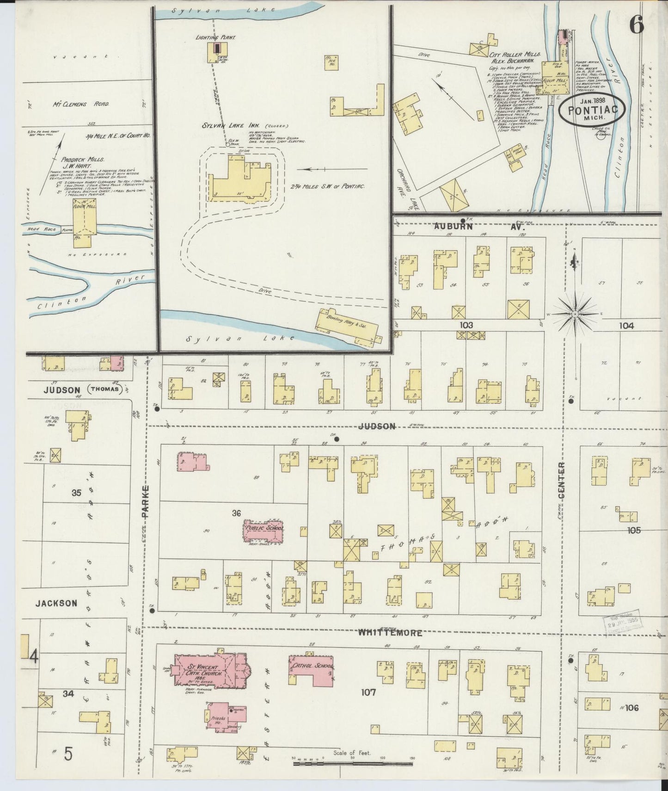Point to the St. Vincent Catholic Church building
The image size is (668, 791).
(210, 670)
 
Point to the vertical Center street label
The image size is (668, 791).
(561, 480)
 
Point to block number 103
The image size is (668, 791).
(466, 325)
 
